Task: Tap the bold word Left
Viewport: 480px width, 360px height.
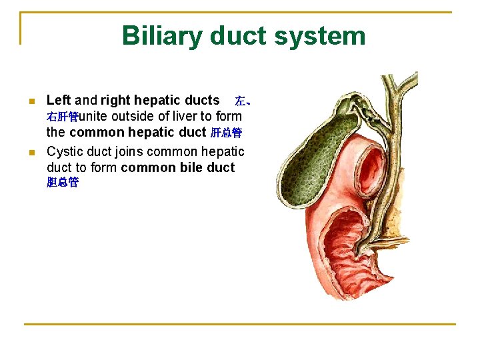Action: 59,100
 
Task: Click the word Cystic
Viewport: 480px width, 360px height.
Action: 65,151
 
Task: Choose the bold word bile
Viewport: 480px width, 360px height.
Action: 188,167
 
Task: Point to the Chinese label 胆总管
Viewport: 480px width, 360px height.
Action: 63,183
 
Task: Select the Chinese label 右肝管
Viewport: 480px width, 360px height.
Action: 63,117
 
